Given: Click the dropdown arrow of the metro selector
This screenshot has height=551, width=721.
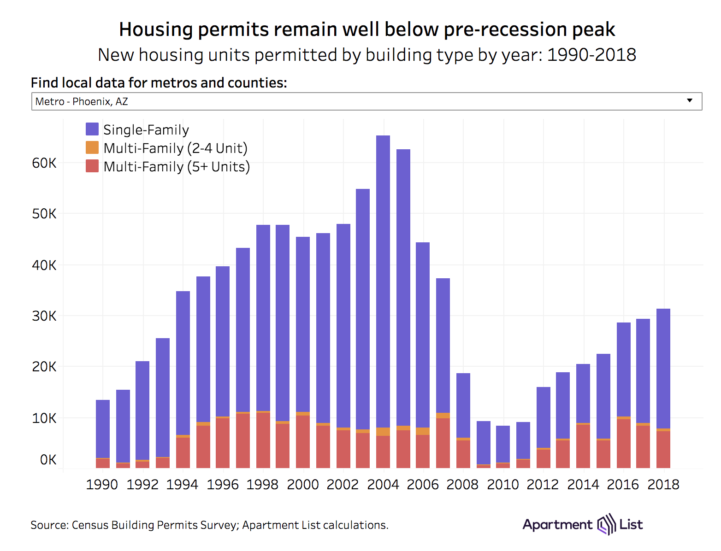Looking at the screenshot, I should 690,101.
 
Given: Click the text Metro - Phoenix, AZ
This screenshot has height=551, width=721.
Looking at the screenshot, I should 82,101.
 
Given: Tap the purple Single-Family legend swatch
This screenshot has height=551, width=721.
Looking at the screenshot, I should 92,129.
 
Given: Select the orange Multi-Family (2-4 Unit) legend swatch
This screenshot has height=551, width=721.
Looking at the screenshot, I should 92,148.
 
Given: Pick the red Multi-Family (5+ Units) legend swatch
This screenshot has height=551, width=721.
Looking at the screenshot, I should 92,166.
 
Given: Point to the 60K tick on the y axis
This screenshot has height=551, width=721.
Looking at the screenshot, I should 44,163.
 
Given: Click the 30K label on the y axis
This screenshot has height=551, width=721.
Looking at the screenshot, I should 44,316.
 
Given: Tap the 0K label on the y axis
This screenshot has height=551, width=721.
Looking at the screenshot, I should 48,460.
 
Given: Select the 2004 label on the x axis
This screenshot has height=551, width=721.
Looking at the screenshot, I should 383,485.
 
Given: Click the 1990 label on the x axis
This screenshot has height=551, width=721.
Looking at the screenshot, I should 102,485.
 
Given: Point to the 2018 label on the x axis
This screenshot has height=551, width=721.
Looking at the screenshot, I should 663,485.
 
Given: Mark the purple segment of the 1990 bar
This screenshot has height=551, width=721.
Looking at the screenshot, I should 103,428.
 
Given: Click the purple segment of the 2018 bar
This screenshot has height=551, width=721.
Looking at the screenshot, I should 663,369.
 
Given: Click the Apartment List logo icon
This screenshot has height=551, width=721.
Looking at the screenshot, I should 606,524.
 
